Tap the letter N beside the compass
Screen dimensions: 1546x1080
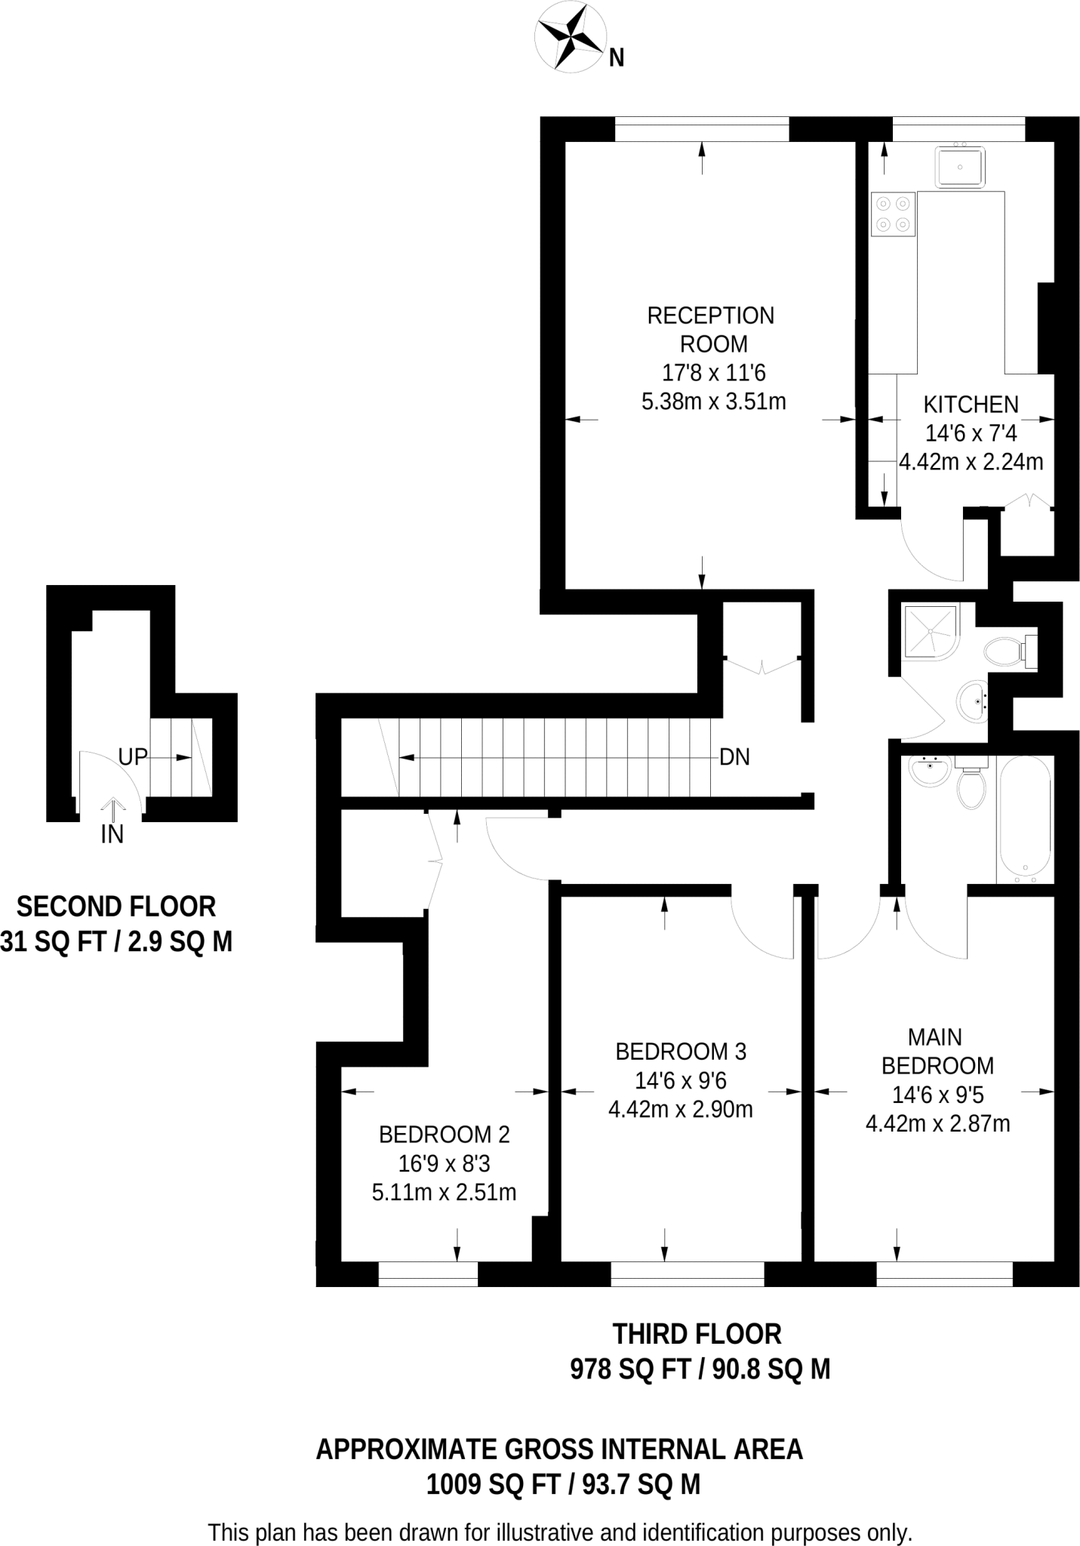[617, 58]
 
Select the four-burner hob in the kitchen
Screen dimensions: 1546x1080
[894, 214]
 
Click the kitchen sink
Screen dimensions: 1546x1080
[960, 167]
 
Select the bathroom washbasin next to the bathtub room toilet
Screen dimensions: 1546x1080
[929, 771]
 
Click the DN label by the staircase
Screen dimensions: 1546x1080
[734, 757]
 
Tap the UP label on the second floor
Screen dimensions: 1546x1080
[133, 757]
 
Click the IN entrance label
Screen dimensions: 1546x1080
[112, 834]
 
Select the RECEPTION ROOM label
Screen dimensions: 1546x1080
[711, 329]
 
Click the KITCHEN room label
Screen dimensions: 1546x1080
[971, 405]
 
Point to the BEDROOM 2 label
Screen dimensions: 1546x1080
[444, 1134]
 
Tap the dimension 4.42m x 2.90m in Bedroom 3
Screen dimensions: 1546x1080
[680, 1110]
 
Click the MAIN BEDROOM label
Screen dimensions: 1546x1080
[937, 1051]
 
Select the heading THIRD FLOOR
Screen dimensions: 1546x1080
[697, 1334]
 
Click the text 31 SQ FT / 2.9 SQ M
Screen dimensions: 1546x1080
[115, 941]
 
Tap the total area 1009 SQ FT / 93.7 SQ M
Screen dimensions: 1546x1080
[563, 1485]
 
